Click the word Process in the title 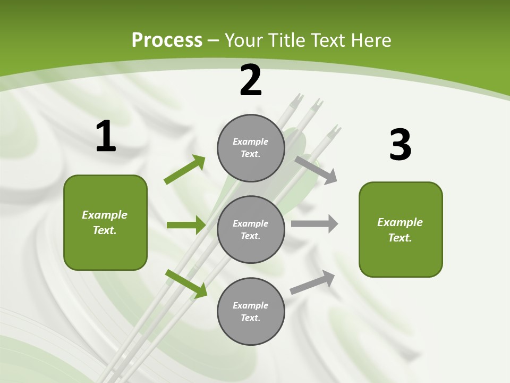[167, 40]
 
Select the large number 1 [106, 137]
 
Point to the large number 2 [251, 81]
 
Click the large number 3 [400, 145]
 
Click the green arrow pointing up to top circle [184, 170]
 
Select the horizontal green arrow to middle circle [185, 225]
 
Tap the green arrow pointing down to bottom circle [186, 284]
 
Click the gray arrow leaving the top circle [316, 169]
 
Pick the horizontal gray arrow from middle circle [314, 224]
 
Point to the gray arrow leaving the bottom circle [312, 282]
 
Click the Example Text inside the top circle [251, 148]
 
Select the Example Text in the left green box [105, 222]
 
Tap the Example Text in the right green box [400, 230]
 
